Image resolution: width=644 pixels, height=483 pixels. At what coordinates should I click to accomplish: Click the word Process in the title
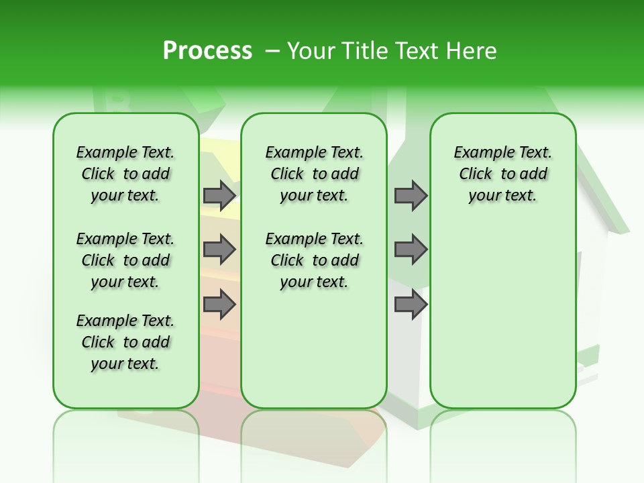[x=207, y=51]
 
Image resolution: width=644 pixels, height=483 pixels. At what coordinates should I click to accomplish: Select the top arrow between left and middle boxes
[x=219, y=195]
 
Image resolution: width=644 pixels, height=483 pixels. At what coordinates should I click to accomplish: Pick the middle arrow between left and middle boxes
[x=219, y=250]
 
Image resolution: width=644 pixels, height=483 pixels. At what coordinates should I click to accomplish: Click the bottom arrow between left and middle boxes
[x=219, y=305]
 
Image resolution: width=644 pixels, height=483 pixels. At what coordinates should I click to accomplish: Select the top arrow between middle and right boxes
[x=411, y=195]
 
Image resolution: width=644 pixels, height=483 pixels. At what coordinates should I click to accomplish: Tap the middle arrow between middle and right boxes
[x=411, y=250]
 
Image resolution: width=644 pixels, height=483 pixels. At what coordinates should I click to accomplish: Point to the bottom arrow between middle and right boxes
[x=411, y=305]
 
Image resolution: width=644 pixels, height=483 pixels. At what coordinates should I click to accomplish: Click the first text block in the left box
[x=125, y=174]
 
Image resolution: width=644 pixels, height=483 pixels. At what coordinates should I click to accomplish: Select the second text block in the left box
[x=125, y=260]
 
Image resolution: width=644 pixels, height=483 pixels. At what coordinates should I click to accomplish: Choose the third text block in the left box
[x=125, y=342]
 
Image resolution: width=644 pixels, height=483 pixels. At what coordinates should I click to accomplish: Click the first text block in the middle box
[x=314, y=174]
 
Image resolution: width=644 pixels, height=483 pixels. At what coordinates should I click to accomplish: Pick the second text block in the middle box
[x=314, y=260]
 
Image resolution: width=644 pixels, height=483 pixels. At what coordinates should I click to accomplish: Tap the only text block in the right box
[x=502, y=174]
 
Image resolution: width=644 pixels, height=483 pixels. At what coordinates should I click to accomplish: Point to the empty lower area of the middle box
[x=314, y=349]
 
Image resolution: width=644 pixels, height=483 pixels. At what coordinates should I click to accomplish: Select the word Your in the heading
[x=311, y=51]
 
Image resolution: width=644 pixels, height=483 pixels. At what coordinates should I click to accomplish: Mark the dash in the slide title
[x=272, y=51]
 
